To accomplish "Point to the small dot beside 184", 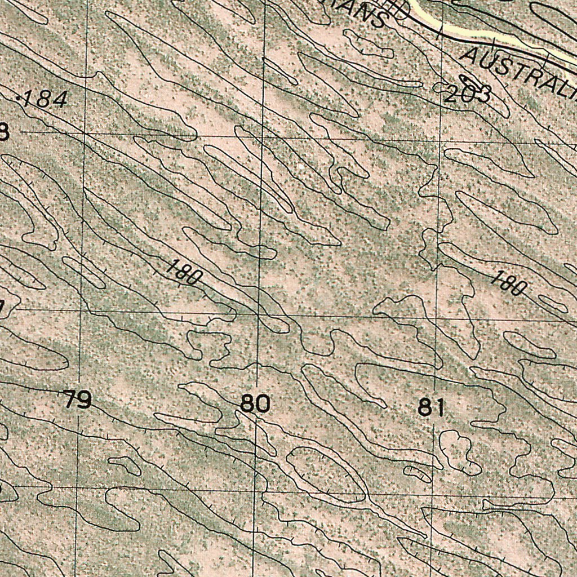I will coord(20,99).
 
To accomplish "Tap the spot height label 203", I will coord(467,94).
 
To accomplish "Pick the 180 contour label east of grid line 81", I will coord(508,283).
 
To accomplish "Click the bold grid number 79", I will coord(77,401).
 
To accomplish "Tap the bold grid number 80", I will coord(255,404).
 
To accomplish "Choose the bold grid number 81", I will coord(432,407).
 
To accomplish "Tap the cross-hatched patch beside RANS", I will coord(397,8).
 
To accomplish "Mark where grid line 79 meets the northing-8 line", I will coord(85,133).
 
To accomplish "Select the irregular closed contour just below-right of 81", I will coord(459,451).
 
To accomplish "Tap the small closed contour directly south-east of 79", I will coord(125,465).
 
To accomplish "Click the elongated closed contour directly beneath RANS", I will coord(369,45).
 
